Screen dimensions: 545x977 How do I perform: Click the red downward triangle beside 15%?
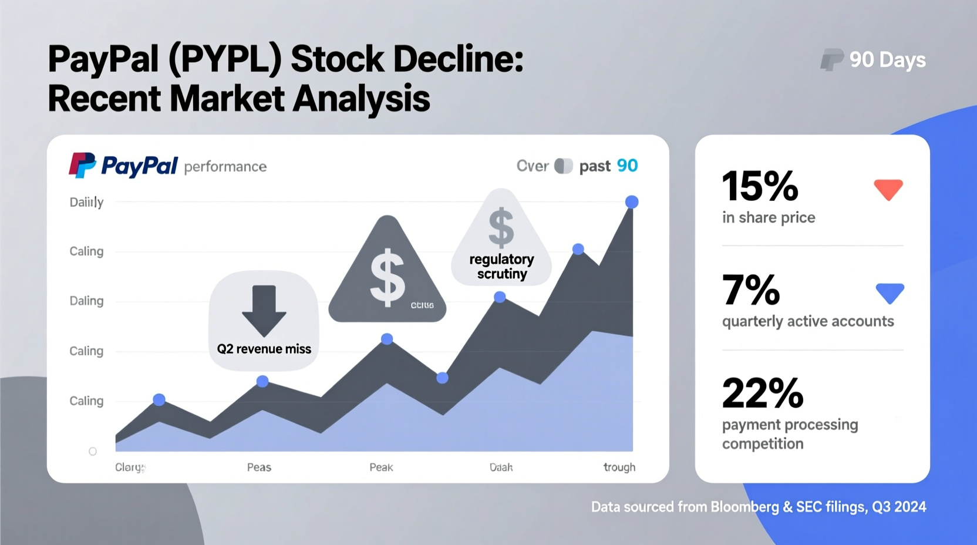888,189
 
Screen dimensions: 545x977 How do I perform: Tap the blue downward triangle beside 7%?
890,292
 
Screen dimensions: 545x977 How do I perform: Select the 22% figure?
762,393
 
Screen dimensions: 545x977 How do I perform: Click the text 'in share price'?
768,218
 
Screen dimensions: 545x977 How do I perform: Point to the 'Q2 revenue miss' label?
264,349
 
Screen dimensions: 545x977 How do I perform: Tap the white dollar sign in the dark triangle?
387,278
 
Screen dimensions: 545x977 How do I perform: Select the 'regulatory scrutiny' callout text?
501,267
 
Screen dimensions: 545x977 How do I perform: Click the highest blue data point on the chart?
632,202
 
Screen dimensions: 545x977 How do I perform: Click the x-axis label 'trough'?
619,467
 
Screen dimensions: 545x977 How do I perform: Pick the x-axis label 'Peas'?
259,467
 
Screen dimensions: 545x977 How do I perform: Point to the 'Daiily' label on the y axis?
86,202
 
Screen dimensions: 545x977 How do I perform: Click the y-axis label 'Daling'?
86,301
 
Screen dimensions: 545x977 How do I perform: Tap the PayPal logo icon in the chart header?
82,165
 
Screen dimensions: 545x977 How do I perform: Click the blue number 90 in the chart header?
627,166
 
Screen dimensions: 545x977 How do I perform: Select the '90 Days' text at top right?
887,60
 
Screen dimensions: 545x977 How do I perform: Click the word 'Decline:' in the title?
458,59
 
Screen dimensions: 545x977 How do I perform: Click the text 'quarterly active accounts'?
807,321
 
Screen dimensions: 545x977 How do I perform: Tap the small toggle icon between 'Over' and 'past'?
563,166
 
